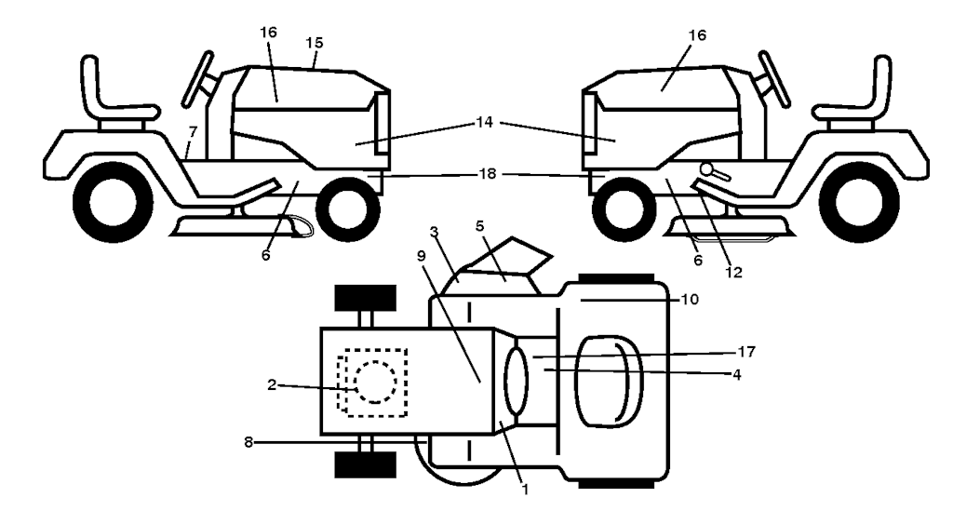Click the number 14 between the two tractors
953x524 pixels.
click(x=484, y=121)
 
